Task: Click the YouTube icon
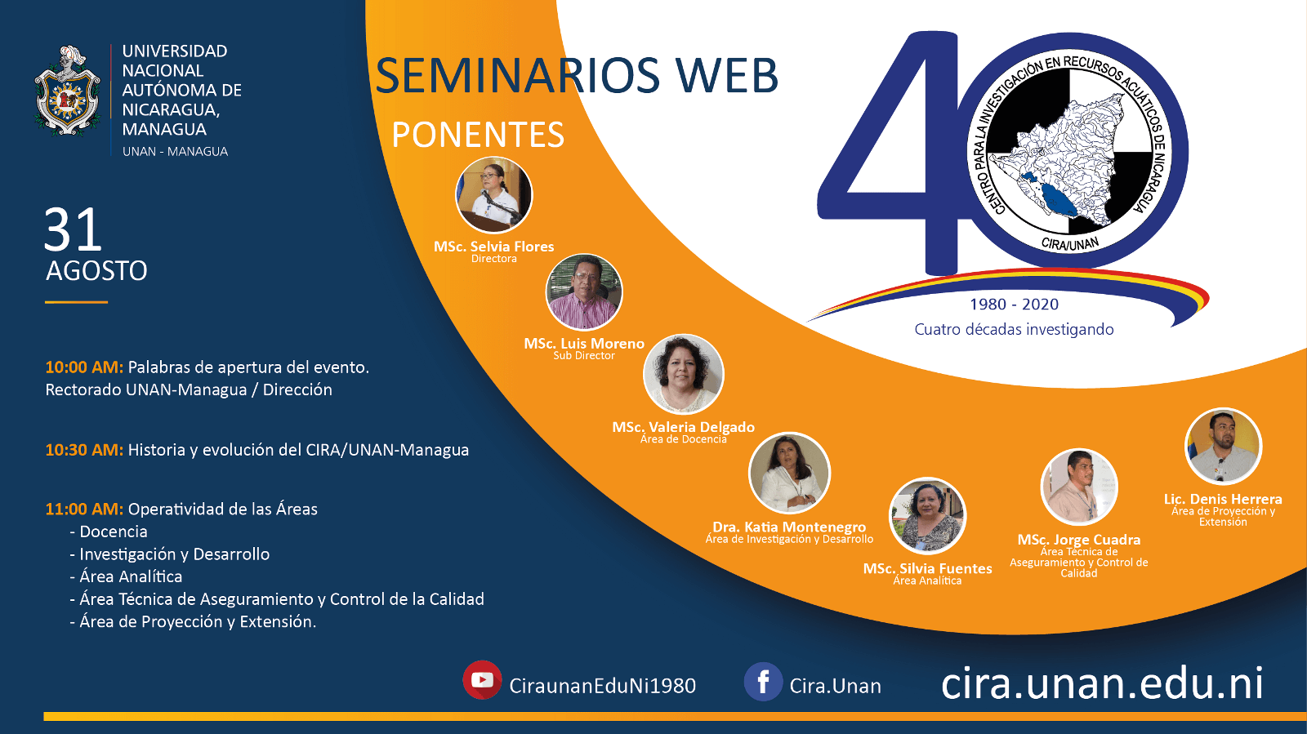482,680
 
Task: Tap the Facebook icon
763,682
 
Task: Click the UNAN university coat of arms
67,91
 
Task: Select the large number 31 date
73,230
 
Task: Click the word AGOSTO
97,271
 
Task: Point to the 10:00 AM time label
85,367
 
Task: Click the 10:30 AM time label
85,450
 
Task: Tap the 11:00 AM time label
85,509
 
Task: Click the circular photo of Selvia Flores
493,194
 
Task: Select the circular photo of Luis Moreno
584,292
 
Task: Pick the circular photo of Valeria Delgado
683,374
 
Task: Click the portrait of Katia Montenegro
789,473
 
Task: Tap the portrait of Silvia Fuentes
927,516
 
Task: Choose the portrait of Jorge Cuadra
1079,487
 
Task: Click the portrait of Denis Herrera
1223,447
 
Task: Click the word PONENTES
478,135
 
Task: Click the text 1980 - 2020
1014,305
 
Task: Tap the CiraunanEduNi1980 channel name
602,686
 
